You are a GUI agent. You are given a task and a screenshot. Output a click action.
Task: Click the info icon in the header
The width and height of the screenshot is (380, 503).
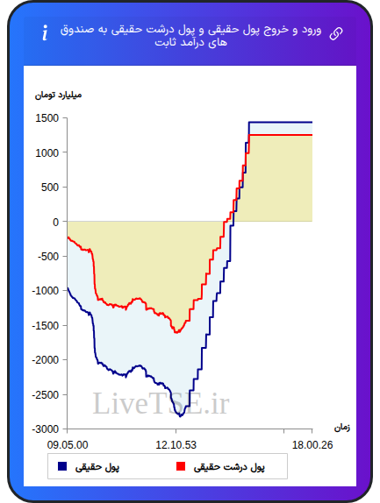coord(45,32)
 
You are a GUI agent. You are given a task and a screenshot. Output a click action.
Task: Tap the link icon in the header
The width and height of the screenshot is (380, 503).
coord(336,33)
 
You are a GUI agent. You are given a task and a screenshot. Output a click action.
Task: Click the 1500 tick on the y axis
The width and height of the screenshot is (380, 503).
coord(47,118)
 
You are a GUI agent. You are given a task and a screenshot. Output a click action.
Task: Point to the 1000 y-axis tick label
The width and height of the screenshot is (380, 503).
coord(47,152)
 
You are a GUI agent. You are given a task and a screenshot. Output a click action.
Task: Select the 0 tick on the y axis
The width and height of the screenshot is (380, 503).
coord(56,222)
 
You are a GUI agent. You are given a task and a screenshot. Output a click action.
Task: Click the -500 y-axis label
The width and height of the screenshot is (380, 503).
coord(48,256)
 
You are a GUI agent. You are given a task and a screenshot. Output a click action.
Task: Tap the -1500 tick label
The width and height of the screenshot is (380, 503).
coord(46,326)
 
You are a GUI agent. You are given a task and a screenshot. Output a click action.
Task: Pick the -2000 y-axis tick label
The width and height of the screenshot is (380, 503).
coord(46,360)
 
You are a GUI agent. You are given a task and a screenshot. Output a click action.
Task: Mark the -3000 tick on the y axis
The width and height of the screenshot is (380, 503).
coord(46,429)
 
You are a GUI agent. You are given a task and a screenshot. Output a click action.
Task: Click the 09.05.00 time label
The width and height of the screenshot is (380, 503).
coord(68,445)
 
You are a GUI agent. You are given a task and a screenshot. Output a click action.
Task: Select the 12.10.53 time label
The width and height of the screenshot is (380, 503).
coord(176,445)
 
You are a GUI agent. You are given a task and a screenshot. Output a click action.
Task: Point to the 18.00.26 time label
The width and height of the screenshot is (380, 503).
coord(312,445)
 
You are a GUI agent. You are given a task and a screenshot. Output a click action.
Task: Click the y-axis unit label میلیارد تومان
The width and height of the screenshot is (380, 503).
coord(58,96)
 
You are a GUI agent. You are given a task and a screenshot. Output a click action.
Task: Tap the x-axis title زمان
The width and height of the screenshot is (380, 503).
coord(342,428)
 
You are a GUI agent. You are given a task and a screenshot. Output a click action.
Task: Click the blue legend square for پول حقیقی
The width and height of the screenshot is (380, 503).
coord(62,466)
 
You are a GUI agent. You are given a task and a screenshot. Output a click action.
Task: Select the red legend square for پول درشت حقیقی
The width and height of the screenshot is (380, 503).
coord(181,466)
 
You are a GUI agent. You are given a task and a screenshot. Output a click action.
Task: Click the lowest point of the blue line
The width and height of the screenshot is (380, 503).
coord(180,416)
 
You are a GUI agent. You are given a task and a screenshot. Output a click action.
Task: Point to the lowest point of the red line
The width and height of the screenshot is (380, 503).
coord(176,333)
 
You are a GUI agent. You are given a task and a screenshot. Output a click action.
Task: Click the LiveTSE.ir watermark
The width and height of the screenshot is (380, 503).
coord(161,404)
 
